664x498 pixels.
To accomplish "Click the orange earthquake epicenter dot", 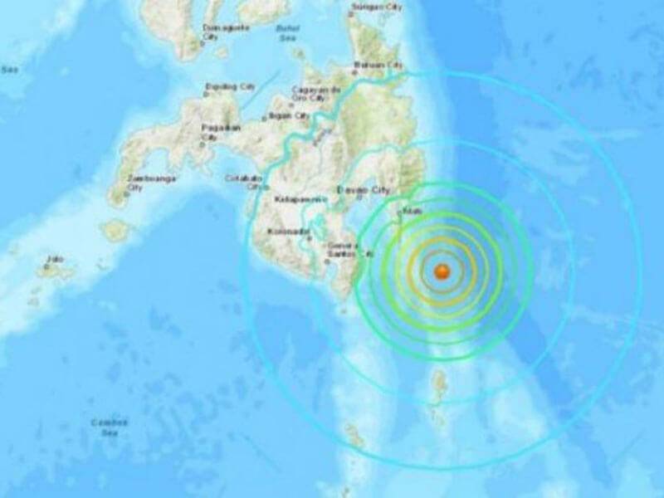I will coord(442,271).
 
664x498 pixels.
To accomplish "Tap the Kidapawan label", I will coord(295,201).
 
